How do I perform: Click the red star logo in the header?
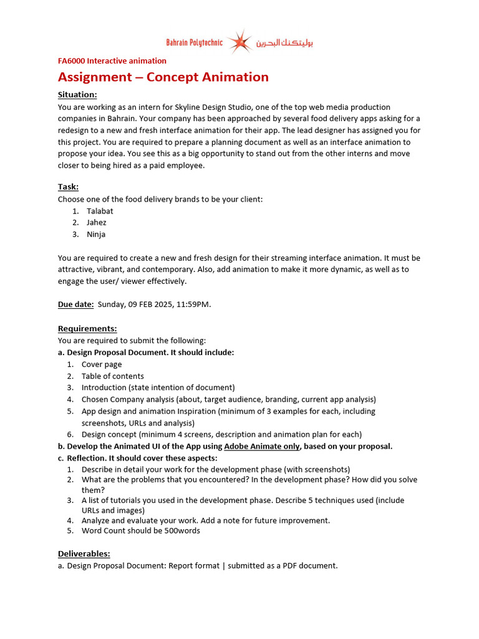click(239, 42)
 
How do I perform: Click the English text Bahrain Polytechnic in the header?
click(194, 43)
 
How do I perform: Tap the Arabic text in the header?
click(284, 43)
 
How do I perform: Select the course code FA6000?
click(71, 61)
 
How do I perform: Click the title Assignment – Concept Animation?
click(163, 77)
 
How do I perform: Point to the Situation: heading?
click(77, 95)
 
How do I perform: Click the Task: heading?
click(68, 187)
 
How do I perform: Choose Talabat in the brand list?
click(100, 211)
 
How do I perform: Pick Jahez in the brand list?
click(97, 223)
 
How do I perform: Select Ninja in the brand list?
click(96, 235)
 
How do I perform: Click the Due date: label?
click(76, 305)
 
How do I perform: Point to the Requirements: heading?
click(87, 329)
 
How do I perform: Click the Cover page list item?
click(102, 364)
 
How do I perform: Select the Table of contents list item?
click(112, 376)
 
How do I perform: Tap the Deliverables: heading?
click(84, 554)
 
